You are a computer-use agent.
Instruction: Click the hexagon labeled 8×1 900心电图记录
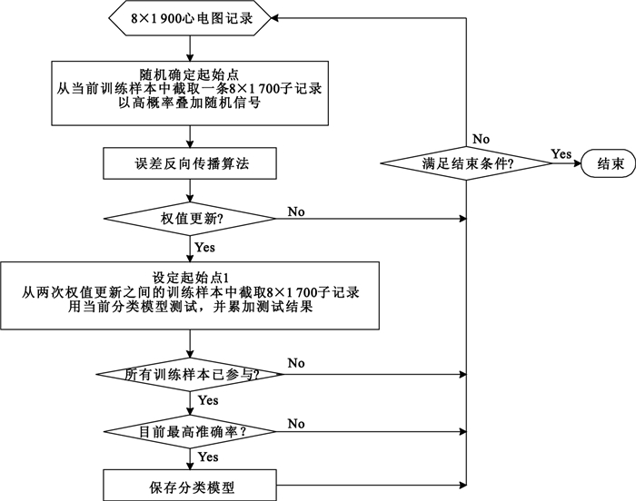click(x=190, y=17)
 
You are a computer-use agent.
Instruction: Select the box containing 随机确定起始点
click(x=190, y=92)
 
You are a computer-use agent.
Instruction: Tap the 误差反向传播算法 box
click(x=190, y=163)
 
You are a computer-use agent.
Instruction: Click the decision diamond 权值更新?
click(x=190, y=219)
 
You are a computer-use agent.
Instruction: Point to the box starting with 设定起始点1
click(x=190, y=294)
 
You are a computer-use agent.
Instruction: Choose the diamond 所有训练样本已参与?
click(x=190, y=374)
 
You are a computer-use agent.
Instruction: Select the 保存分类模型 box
click(x=190, y=486)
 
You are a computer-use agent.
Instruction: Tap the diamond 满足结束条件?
click(x=465, y=163)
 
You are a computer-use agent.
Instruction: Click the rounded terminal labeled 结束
click(x=610, y=163)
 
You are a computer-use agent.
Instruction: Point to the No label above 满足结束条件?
click(x=482, y=138)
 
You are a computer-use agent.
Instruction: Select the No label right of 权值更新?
click(x=296, y=211)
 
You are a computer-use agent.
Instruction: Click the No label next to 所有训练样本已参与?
click(x=296, y=363)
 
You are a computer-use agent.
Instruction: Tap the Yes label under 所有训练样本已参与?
click(x=208, y=399)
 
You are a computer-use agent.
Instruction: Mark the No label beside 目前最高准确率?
click(x=296, y=423)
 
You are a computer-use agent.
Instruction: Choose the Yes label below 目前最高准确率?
click(x=208, y=457)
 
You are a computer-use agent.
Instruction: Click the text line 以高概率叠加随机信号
click(x=190, y=104)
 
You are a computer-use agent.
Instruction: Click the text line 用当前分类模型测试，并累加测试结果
click(x=190, y=308)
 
